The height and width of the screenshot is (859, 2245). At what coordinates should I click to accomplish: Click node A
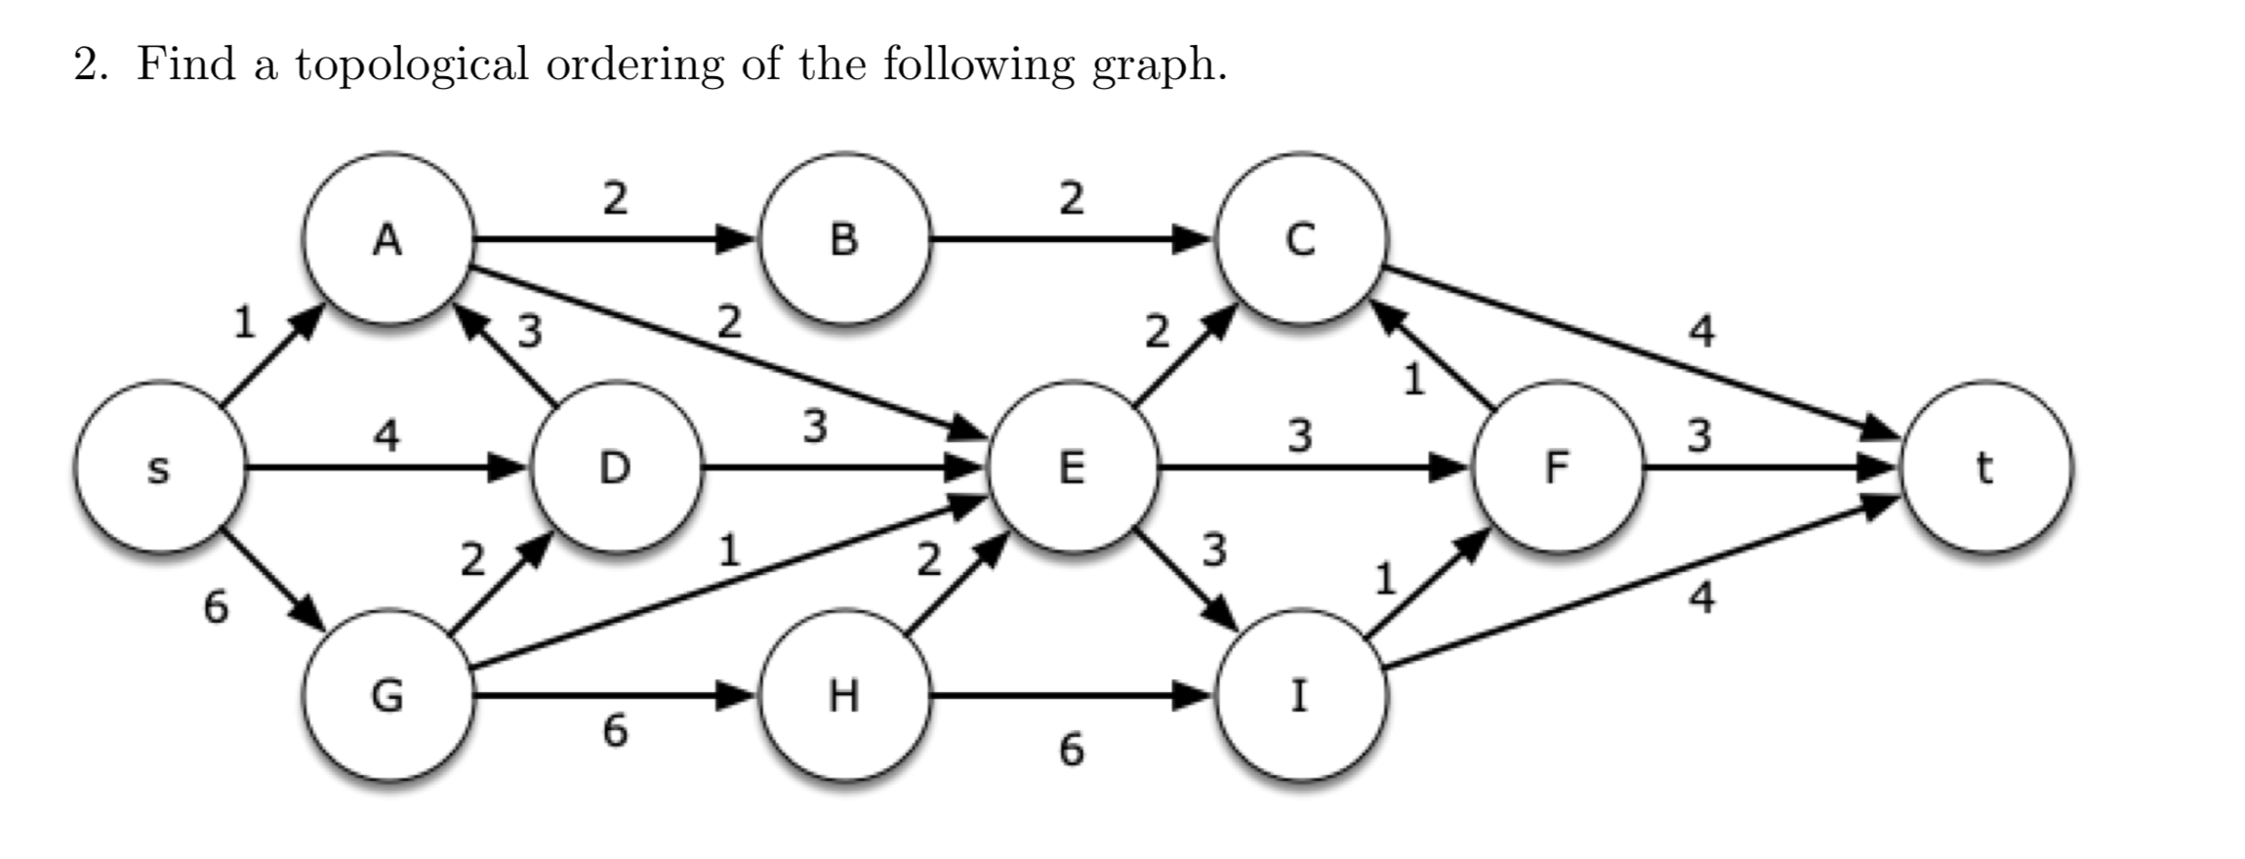[388, 238]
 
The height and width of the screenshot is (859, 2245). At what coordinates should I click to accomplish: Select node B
[844, 238]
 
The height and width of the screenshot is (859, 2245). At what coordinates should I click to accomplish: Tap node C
[1300, 238]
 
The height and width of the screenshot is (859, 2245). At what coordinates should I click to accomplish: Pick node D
[615, 468]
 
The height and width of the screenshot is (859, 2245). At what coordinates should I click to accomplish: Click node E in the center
[1072, 468]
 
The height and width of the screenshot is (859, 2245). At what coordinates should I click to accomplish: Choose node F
[1556, 468]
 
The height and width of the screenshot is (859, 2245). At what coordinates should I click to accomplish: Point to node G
[388, 696]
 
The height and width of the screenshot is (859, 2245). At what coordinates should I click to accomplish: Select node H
[844, 696]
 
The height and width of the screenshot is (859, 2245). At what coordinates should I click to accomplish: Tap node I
[1300, 696]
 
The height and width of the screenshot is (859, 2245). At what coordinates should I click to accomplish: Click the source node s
[159, 468]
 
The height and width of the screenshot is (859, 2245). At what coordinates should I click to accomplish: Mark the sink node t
[1984, 468]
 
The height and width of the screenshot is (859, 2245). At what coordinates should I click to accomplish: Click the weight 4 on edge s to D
[388, 434]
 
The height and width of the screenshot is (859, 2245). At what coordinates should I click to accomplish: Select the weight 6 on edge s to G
[216, 607]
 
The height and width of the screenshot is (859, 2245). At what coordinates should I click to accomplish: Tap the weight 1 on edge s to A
[244, 322]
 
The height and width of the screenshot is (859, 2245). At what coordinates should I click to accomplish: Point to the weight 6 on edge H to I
[1071, 750]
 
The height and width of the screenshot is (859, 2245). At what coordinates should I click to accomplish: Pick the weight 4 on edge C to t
[1701, 332]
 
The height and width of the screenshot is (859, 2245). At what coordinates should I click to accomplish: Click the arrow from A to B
[615, 238]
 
